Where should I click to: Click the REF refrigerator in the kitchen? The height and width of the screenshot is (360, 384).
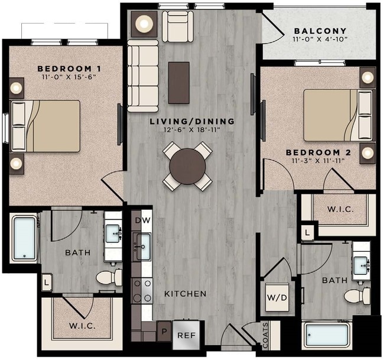click(186, 335)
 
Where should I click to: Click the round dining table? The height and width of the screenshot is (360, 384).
click(187, 167)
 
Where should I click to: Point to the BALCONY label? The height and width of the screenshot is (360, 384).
click(320, 31)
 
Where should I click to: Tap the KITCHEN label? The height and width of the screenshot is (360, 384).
click(185, 294)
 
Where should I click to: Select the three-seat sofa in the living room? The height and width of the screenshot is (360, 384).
click(142, 76)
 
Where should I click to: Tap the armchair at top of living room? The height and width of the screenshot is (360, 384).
click(177, 25)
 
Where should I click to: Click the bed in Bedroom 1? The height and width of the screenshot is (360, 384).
click(47, 125)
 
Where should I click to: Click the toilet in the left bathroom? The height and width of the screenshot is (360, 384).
click(108, 277)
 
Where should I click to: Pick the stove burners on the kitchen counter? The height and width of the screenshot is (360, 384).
click(142, 290)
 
